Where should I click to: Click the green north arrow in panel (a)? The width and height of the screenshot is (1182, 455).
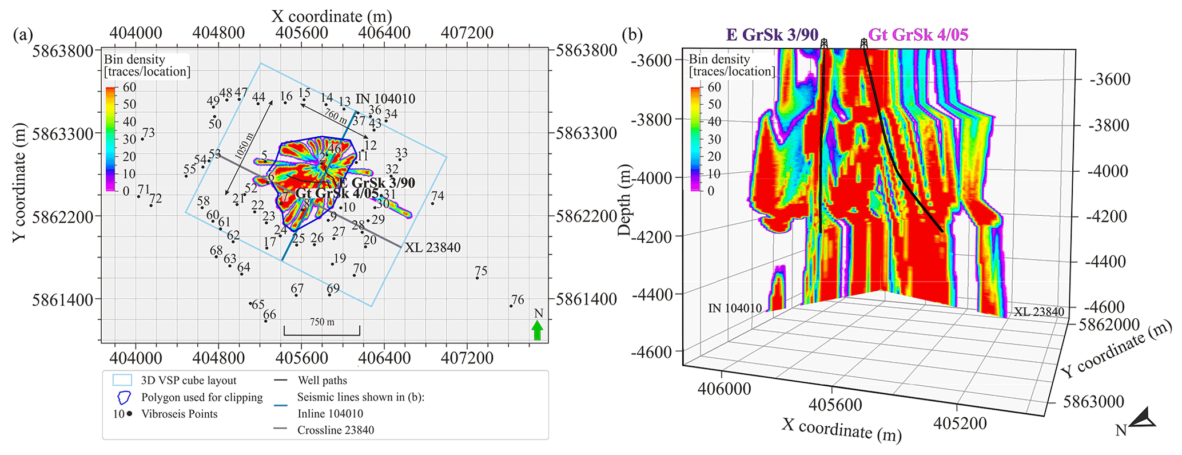[x=537, y=330]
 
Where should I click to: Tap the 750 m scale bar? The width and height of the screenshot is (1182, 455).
[x=322, y=330]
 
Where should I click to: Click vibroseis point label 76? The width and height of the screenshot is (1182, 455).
[x=518, y=299]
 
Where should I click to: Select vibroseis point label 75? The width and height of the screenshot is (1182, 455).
[x=481, y=271]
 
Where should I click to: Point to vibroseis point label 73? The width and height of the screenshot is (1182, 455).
[x=148, y=133]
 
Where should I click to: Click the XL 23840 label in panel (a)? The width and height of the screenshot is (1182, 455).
[x=432, y=248]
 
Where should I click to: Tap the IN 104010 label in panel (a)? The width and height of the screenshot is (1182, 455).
[x=385, y=98]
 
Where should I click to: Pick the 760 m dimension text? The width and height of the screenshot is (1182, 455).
[x=336, y=116]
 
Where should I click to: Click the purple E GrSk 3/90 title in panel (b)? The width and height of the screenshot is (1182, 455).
[x=772, y=35]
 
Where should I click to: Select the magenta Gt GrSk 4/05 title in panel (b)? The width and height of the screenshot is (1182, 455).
[x=918, y=35]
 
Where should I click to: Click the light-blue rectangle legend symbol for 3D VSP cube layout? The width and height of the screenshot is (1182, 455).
[x=122, y=380]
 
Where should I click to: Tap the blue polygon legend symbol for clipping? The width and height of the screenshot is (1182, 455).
[x=122, y=397]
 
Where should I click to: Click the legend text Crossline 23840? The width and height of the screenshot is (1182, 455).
[x=336, y=430]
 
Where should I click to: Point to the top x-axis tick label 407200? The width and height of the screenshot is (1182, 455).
[x=467, y=33]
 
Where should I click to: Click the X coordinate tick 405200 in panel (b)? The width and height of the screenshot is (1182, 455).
[x=960, y=423]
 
